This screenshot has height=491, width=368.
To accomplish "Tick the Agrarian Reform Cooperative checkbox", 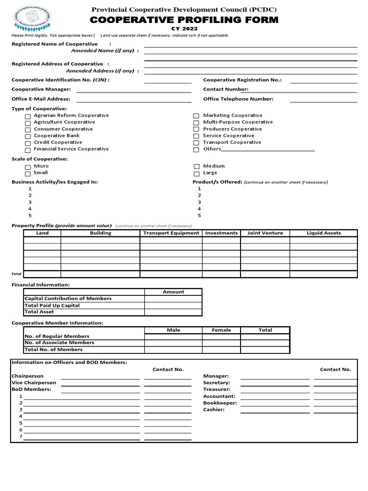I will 28,116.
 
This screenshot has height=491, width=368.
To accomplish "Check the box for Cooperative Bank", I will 28,136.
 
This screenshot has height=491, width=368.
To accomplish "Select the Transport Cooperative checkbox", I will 196,143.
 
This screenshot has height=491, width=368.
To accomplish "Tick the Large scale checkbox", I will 196,174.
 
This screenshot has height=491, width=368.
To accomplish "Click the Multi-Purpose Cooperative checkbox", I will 196,123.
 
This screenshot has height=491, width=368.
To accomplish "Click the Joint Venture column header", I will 265,233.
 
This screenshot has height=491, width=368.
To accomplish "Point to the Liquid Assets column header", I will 324,233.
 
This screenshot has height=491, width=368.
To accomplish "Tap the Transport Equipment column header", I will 171,233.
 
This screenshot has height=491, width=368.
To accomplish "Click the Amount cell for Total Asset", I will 173,312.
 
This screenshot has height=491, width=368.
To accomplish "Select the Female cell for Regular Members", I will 221,337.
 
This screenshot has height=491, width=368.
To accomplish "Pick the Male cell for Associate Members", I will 173,343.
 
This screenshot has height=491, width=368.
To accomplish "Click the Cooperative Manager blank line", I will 134,91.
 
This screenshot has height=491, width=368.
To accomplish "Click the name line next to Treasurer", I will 275,391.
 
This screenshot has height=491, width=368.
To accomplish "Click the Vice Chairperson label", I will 34,383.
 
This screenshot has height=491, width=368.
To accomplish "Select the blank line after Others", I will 268,150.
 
